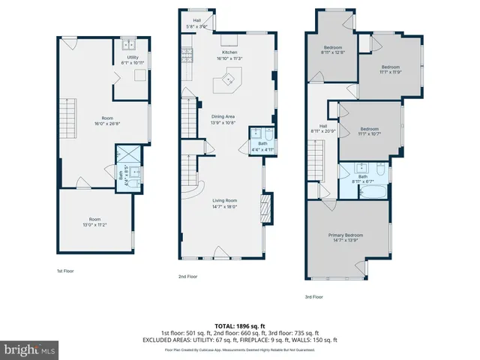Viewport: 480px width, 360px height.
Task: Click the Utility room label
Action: point(132,60)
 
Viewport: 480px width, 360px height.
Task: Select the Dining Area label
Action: point(222,119)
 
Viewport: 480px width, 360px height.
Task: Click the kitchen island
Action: point(227,79)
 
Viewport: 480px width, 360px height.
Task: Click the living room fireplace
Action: point(263,207)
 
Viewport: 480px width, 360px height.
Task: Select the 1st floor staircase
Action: point(67,119)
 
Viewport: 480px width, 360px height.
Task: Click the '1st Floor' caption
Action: point(65,271)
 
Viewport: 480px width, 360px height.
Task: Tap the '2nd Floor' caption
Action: point(187,277)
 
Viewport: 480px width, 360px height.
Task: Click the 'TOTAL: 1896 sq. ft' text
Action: point(240,326)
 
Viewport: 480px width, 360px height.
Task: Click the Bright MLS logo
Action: point(30,350)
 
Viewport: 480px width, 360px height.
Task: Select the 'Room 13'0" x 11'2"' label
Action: point(95,222)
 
